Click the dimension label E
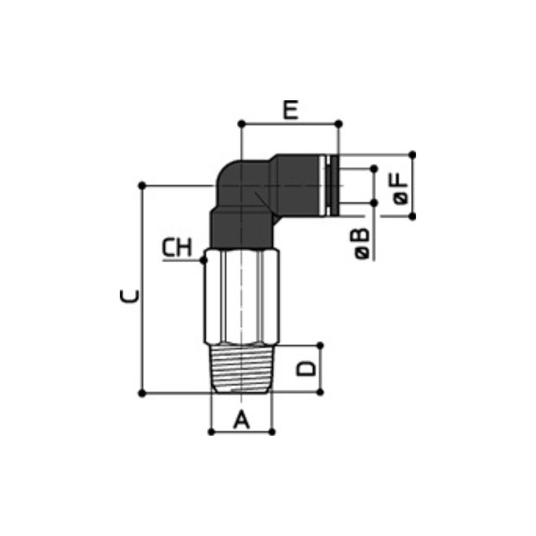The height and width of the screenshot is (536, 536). [x=291, y=110]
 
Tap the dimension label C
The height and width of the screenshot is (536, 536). [x=130, y=296]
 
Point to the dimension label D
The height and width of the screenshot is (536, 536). [x=306, y=368]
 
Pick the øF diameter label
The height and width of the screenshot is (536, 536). [x=401, y=189]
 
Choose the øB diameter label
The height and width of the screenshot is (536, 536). [x=362, y=243]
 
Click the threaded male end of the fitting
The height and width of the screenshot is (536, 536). [x=242, y=369]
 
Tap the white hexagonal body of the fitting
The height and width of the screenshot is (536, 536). [x=242, y=297]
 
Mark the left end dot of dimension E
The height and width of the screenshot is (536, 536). [x=242, y=124]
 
